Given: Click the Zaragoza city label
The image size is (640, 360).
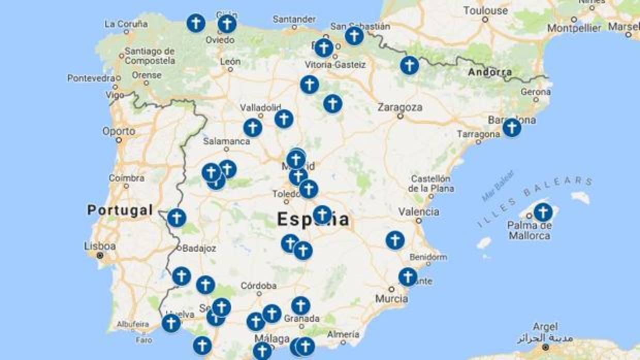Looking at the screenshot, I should point(399,108).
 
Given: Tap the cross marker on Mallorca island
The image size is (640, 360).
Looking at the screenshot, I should point(542,212).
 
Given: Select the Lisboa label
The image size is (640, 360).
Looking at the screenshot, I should point(100,246).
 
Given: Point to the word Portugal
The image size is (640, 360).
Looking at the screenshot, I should point(120,210).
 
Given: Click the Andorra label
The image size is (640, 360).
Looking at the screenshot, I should point(490,72).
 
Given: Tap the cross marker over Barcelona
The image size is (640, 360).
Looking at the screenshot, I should point(511,128).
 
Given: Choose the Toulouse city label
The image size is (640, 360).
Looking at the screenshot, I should point(485,10).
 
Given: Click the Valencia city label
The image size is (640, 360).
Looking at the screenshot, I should point(419,211).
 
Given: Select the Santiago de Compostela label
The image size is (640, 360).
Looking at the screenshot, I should point(150,56).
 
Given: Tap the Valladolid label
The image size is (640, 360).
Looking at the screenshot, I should point(260,108).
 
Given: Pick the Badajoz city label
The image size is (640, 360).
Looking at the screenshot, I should point(199,248).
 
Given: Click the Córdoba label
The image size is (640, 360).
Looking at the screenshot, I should point(259,285).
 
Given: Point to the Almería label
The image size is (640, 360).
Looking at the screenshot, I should point(343,334).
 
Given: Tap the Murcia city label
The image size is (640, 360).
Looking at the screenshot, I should point(391,299).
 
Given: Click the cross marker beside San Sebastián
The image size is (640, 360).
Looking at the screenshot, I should point(354,36).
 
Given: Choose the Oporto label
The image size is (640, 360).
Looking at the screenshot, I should point(119,131).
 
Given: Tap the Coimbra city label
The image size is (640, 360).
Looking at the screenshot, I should point(126,178).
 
